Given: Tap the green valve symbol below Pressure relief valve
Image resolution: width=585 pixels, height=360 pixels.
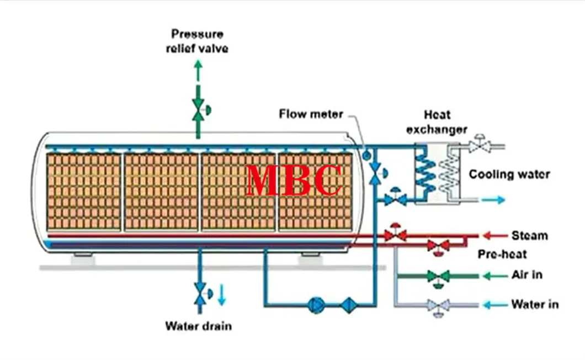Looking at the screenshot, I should point(198,109).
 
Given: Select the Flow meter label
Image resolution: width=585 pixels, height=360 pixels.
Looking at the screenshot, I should point(311,114).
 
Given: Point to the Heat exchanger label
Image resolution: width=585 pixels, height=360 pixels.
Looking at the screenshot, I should point(437,122).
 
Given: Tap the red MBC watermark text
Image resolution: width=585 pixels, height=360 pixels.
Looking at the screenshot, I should point(294,180).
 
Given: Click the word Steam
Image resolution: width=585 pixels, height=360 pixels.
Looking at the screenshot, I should point(529,235).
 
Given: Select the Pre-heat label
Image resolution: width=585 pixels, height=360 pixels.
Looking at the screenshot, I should point(502,254).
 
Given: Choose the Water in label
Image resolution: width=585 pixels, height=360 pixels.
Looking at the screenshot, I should point(534,304).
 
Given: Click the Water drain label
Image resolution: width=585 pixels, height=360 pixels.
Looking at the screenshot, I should point(198,326).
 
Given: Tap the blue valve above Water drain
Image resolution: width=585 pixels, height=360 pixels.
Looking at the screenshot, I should point(199,293).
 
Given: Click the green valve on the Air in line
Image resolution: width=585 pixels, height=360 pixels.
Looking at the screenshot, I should point(439,276).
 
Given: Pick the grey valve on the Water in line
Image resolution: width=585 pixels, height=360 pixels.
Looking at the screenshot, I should point(439,305).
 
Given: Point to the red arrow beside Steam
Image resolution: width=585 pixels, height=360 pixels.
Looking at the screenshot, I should point(494,236).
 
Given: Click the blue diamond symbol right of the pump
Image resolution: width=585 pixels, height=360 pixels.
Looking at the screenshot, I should point(349,305).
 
